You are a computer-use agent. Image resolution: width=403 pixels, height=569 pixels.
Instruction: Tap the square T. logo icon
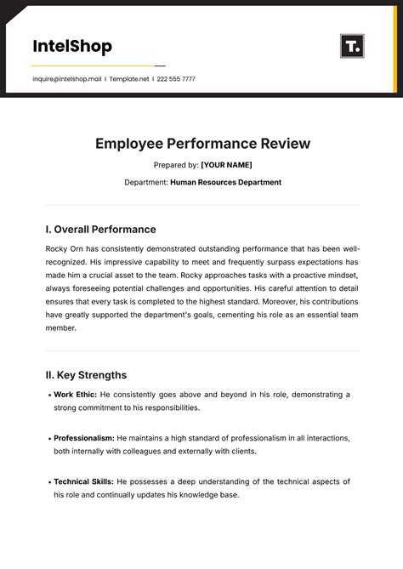(352, 46)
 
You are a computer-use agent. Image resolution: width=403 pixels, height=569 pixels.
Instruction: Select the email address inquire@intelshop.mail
(67, 79)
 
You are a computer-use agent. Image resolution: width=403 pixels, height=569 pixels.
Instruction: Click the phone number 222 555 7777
(176, 79)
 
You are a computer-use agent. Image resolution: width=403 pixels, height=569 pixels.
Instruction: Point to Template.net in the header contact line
(130, 79)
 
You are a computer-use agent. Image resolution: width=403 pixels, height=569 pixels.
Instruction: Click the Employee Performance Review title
(202, 144)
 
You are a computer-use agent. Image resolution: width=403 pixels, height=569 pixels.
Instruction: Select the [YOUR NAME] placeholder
(226, 165)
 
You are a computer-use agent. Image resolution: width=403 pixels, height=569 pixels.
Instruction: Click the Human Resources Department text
(225, 182)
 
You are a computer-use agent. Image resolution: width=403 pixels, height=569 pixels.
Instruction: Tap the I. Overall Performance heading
(100, 229)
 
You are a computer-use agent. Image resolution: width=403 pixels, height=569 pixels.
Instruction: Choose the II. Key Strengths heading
(86, 374)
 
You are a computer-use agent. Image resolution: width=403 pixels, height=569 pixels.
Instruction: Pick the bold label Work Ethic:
(75, 395)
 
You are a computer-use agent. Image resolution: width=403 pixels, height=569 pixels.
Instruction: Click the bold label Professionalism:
(84, 438)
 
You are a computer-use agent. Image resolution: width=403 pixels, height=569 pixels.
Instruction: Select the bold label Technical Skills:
(83, 481)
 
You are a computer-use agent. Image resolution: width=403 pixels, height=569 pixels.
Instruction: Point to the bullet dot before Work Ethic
(48, 395)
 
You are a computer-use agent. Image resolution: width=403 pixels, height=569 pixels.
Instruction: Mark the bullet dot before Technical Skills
(48, 481)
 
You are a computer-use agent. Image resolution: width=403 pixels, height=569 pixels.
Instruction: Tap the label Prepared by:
(176, 165)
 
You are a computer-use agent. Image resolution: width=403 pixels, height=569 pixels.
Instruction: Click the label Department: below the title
(146, 182)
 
